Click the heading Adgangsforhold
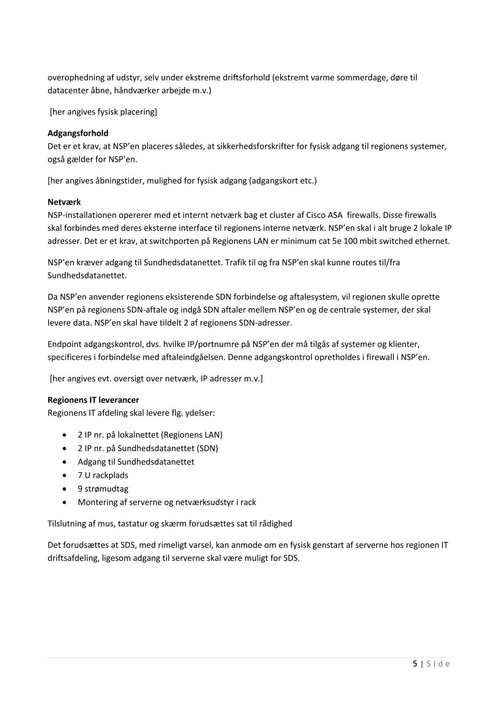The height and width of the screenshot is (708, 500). [78, 133]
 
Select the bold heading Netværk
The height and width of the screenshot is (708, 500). [64, 202]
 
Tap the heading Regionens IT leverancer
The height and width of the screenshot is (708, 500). [93, 400]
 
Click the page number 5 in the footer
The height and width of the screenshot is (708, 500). [415, 664]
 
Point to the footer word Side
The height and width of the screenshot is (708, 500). [438, 664]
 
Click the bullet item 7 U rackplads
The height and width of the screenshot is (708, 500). [103, 475]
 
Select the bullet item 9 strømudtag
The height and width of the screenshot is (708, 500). [103, 489]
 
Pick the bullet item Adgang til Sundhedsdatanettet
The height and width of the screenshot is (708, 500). [136, 462]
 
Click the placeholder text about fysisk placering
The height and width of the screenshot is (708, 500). [103, 112]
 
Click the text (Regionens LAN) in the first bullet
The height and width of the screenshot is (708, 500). [192, 434]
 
